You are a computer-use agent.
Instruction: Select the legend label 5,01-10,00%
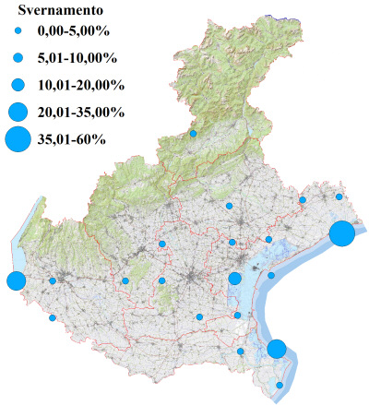[77, 58]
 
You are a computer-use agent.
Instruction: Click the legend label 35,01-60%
[71, 139]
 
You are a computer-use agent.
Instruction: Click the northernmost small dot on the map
[193, 134]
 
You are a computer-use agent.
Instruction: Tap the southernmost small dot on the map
[280, 385]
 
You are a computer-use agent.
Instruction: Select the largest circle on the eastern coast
[341, 233]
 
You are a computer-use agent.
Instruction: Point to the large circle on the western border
[15, 280]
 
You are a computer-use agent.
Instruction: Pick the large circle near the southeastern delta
[276, 349]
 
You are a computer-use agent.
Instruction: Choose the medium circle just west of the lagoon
[234, 279]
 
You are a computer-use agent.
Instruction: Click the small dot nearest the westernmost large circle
[53, 280]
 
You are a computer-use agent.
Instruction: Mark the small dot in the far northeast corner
[339, 197]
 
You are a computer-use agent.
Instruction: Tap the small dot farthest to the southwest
[53, 318]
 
